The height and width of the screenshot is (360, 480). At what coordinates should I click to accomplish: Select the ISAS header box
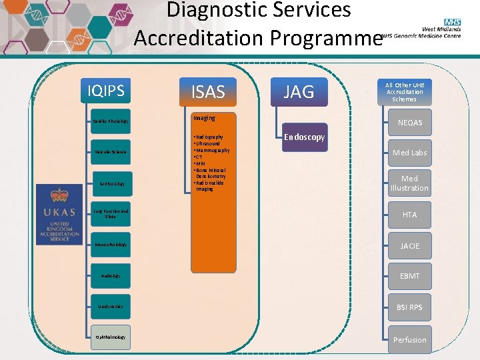click(208, 92)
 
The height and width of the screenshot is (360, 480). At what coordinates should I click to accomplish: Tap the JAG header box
click(298, 92)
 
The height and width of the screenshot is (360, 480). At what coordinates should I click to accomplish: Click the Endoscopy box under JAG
click(304, 137)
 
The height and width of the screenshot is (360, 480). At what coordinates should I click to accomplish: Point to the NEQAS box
click(409, 123)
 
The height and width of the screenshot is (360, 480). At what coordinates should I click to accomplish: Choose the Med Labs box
click(409, 153)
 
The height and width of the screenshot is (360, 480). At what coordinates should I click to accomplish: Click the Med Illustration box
click(409, 183)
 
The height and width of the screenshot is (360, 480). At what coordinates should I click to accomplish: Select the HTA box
click(409, 215)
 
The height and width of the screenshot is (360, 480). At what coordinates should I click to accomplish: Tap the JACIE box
click(409, 246)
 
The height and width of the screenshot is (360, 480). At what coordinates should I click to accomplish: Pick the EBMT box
click(409, 276)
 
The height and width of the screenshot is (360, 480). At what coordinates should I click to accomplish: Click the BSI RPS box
click(409, 307)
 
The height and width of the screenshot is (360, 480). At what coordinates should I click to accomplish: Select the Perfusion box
click(409, 340)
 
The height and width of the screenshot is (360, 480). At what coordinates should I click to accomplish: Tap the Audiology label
click(110, 275)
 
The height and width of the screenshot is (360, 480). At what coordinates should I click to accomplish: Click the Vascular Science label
click(110, 153)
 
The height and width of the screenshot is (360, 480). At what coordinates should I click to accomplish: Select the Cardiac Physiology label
click(110, 121)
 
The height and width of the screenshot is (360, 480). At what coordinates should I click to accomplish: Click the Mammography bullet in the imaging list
click(212, 151)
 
